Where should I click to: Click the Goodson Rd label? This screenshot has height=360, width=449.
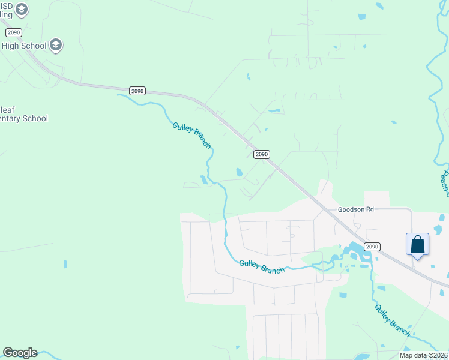point(356,209)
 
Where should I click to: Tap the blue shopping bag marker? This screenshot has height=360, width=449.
point(418,245)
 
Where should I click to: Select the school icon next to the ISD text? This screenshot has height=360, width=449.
point(22,9)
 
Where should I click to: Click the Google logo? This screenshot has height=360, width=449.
point(20,353)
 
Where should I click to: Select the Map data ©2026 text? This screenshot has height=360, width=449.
point(423,355)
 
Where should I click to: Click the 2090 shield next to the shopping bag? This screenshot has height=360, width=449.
point(372,247)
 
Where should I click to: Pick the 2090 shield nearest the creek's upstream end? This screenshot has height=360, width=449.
point(137,91)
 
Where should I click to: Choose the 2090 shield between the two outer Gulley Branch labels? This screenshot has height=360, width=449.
point(261,154)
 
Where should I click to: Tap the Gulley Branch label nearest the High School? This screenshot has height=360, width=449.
point(192,136)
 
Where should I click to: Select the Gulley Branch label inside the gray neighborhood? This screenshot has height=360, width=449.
point(262,266)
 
